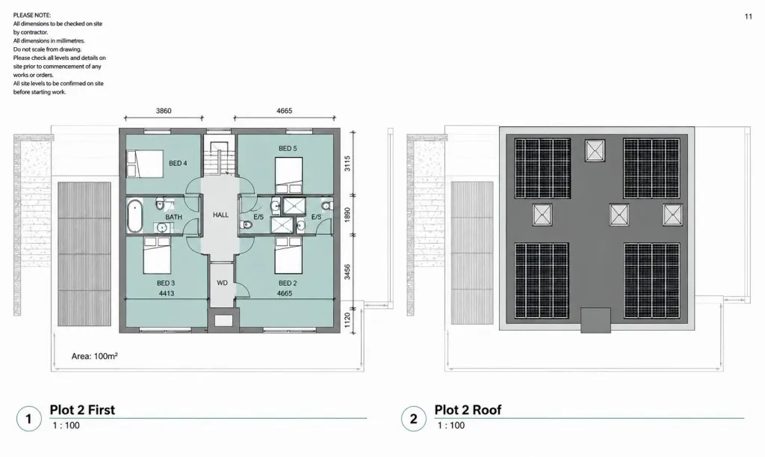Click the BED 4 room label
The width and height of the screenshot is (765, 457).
[178, 163]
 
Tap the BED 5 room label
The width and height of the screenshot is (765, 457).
[288, 148]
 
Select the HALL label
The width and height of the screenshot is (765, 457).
[220, 215]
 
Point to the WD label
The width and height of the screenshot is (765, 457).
[222, 283]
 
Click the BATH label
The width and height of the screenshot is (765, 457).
[173, 217]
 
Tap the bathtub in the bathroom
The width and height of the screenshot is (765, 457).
[134, 216]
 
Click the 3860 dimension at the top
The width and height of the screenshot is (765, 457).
[164, 111]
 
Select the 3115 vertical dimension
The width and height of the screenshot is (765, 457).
[347, 163]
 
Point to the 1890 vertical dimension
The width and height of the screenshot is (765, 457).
[347, 215]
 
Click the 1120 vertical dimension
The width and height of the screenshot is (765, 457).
[347, 320]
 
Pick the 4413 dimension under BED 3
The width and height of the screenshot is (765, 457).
[167, 293]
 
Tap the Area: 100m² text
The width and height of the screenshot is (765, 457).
[94, 357]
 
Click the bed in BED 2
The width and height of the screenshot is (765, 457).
[288, 255]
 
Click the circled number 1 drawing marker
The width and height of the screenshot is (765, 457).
[28, 418]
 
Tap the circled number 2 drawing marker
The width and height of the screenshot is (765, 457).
[414, 418]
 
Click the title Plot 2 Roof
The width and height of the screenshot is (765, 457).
[468, 410]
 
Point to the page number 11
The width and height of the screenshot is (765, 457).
[749, 16]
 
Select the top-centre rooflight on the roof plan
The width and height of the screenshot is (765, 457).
[595, 150]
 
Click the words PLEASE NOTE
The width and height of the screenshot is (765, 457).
[32, 15]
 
